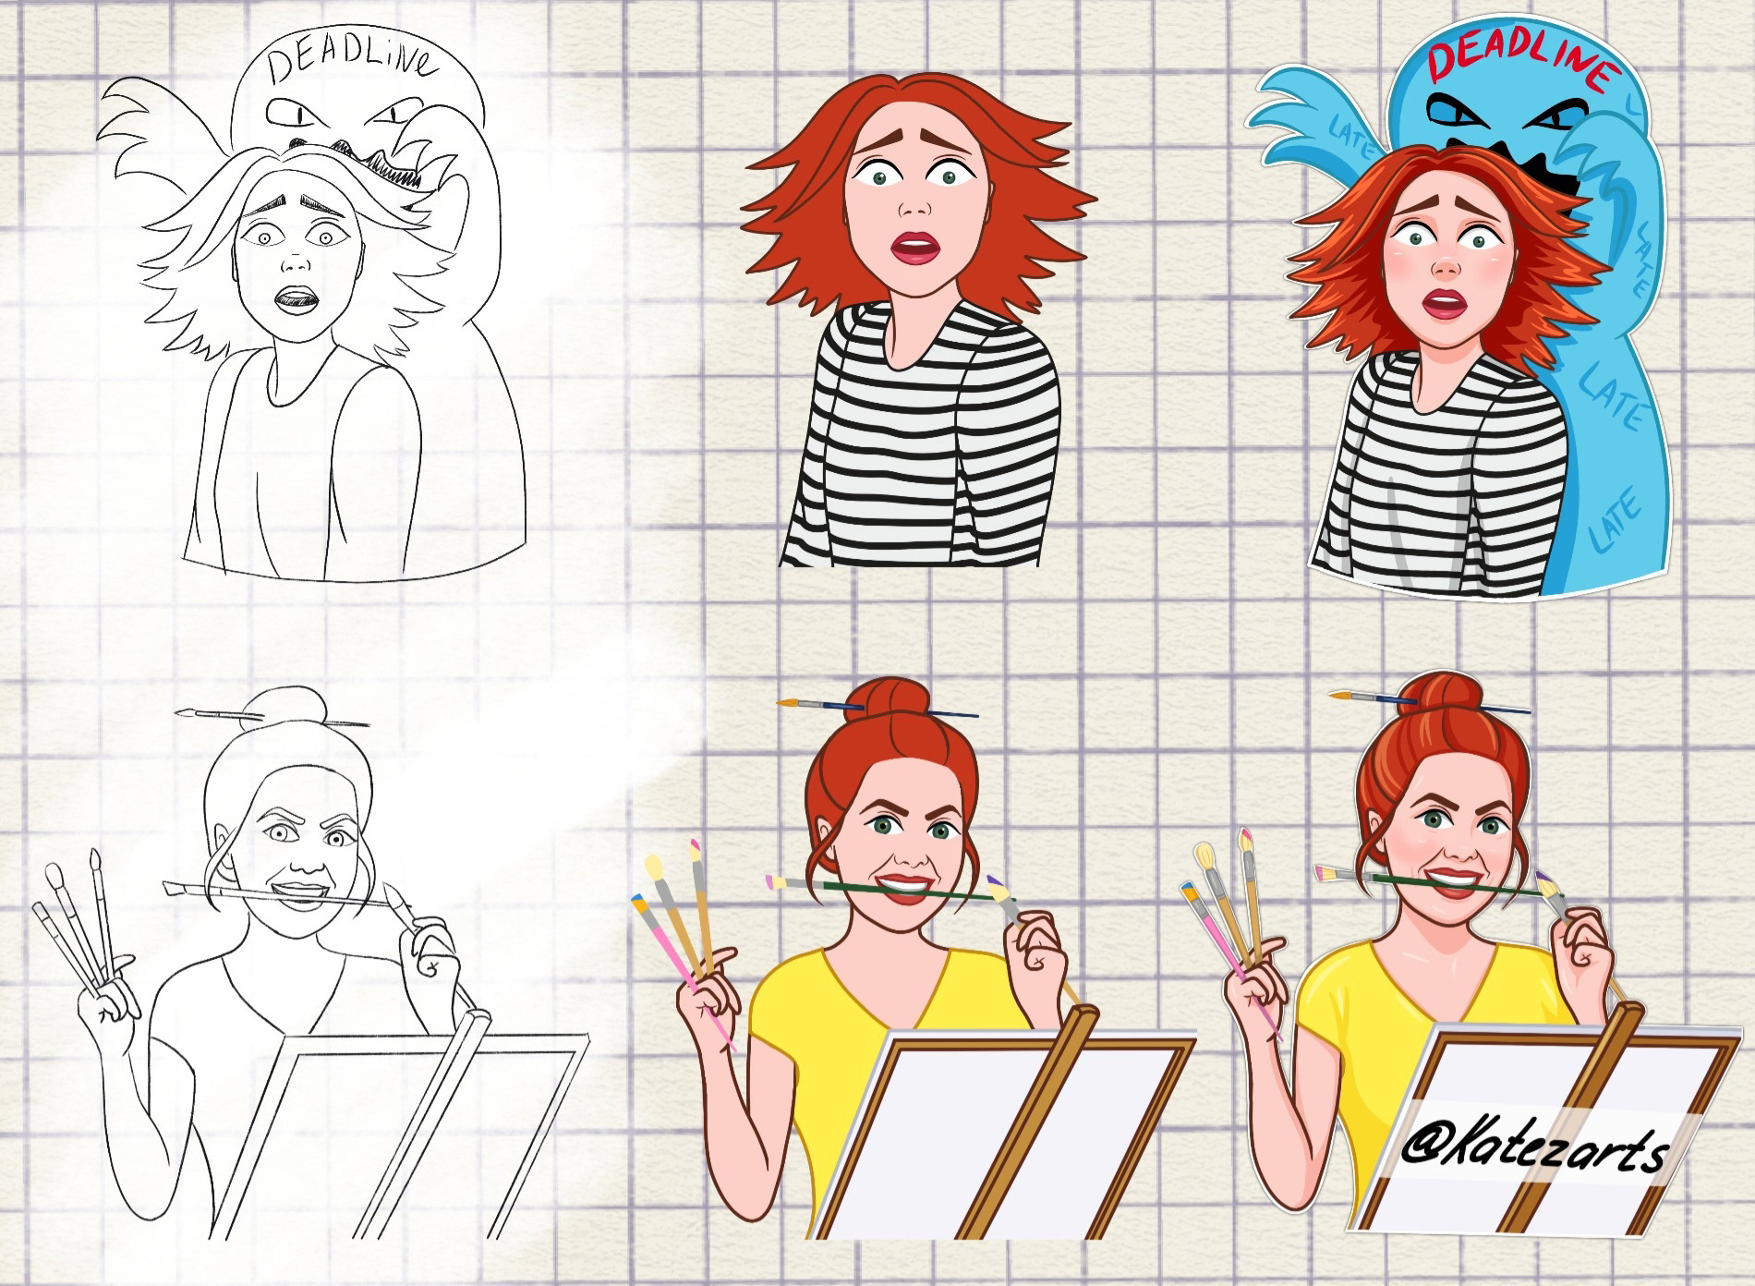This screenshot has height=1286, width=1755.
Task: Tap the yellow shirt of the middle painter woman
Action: pyautogui.click(x=794, y=1035)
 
